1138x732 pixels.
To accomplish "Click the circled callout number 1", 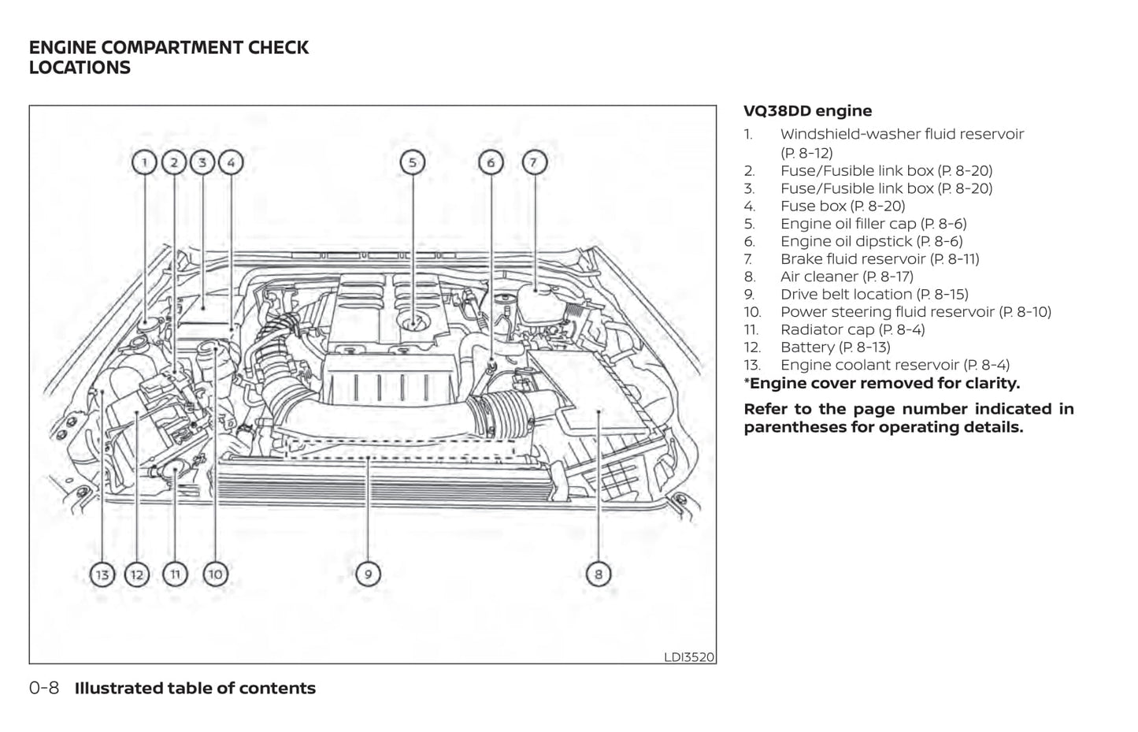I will click(x=144, y=163).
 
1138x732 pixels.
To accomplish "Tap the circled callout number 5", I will click(x=412, y=163).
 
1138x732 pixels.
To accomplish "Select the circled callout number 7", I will click(x=533, y=163).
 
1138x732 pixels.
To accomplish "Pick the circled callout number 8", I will click(x=598, y=574).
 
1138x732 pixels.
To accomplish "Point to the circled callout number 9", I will click(x=368, y=574).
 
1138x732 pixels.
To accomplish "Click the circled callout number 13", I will click(x=102, y=574).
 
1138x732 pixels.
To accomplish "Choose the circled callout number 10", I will click(x=215, y=574).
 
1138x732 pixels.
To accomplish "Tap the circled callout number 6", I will click(x=491, y=163).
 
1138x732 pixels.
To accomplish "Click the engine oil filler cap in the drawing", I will click(x=413, y=321).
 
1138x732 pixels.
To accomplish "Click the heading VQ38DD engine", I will click(x=807, y=111).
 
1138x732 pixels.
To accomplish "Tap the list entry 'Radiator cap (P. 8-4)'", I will click(x=852, y=330).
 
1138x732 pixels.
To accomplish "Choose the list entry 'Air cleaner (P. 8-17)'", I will click(x=847, y=277).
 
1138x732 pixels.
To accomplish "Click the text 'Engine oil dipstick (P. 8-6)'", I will click(x=871, y=241).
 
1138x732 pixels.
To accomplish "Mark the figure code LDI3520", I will click(x=689, y=656).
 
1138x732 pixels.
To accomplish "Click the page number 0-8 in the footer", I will click(x=44, y=688).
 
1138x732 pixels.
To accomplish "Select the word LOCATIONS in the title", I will click(x=80, y=68).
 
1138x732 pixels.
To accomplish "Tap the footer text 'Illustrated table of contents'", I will click(x=195, y=688).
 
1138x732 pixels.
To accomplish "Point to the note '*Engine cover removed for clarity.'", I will click(x=881, y=384).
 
